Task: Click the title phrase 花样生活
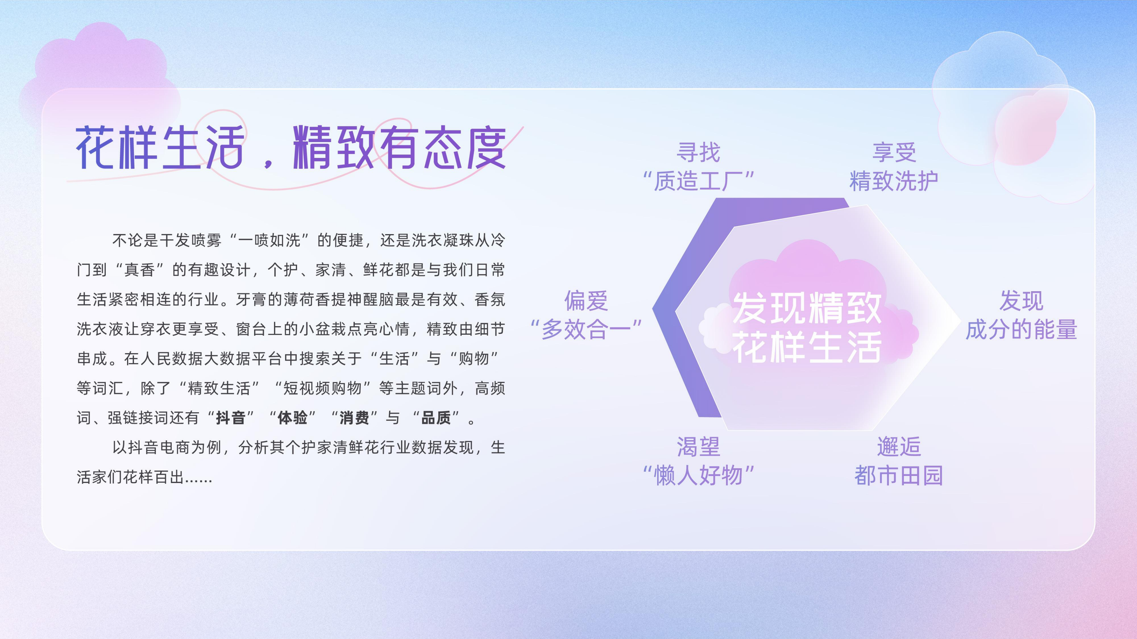pyautogui.click(x=160, y=148)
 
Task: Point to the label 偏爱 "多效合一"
pyautogui.click(x=586, y=315)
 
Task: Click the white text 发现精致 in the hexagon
pyautogui.click(x=807, y=308)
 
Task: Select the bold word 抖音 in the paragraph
pyautogui.click(x=230, y=418)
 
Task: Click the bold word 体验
pyautogui.click(x=292, y=418)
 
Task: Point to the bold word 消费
pyautogui.click(x=354, y=418)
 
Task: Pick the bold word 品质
pyautogui.click(x=436, y=418)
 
